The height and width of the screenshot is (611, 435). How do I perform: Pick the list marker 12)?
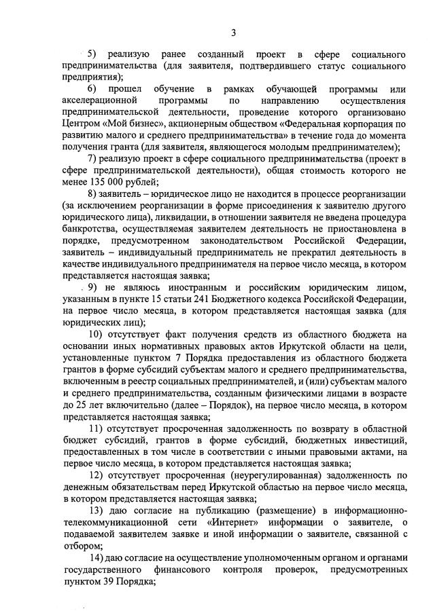click(x=97, y=475)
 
